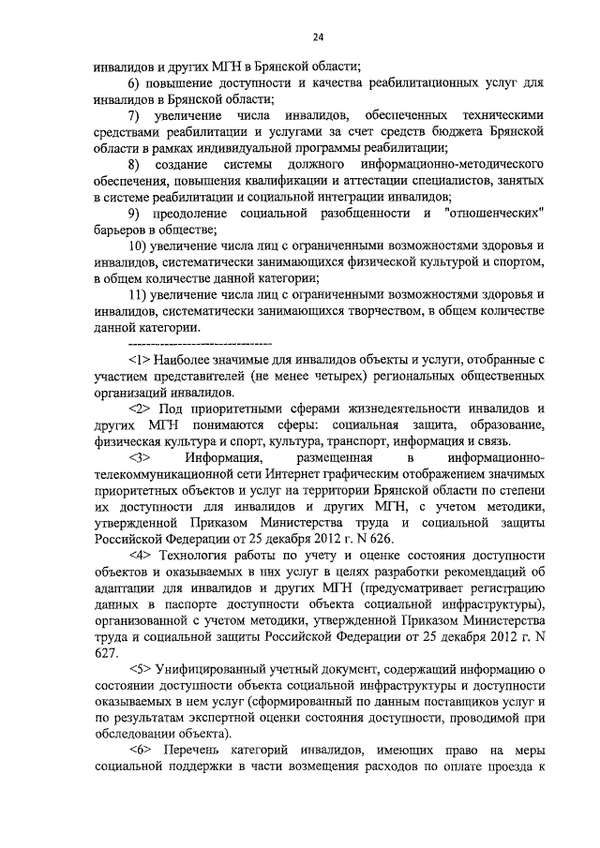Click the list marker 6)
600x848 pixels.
point(135,82)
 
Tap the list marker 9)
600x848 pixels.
point(136,215)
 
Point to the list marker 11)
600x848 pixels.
point(139,296)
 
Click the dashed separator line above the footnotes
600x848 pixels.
point(183,345)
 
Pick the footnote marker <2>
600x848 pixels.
point(142,409)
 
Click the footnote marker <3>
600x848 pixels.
point(142,458)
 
